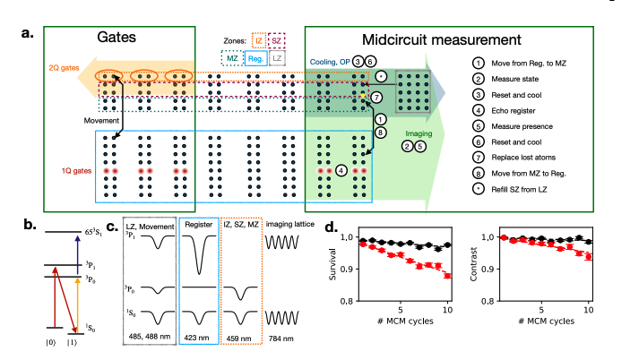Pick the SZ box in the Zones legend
[x=280, y=41]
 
